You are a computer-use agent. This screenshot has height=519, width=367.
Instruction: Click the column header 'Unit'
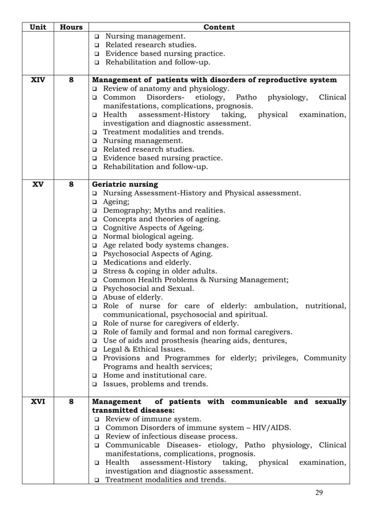tap(37, 27)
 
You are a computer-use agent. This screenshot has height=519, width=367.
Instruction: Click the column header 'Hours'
tap(71, 27)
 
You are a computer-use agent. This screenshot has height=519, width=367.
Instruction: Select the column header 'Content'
tap(219, 27)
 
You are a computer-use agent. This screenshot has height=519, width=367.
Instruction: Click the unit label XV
tap(37, 184)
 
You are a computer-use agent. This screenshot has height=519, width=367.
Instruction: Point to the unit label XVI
tap(37, 402)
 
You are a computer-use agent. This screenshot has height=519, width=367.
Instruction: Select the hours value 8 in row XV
tap(71, 184)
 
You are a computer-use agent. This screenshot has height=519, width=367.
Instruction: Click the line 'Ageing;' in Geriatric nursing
tap(116, 202)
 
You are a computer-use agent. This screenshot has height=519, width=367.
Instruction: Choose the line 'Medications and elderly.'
tap(147, 262)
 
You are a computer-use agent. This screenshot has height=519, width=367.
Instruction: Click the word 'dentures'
tap(269, 340)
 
